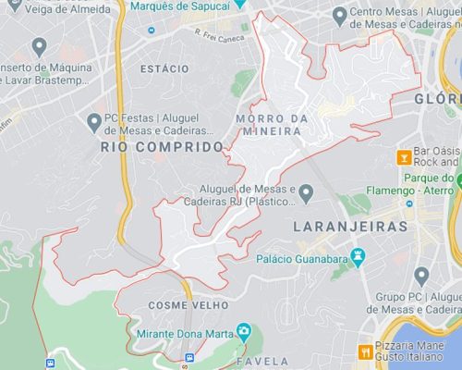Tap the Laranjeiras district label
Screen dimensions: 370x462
click(x=349, y=225)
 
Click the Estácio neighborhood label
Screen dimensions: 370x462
click(x=164, y=69)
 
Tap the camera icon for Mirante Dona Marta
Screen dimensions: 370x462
click(x=243, y=331)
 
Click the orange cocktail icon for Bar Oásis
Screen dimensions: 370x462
click(x=403, y=157)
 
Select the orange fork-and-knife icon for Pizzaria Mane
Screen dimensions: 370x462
click(x=366, y=351)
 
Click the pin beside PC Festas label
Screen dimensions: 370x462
click(x=93, y=121)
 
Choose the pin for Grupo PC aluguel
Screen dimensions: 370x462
click(x=421, y=276)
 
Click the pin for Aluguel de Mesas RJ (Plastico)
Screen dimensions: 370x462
click(x=306, y=191)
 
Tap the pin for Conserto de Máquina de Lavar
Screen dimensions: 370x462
click(x=39, y=46)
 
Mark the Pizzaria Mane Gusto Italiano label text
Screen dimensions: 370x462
click(x=415, y=351)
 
